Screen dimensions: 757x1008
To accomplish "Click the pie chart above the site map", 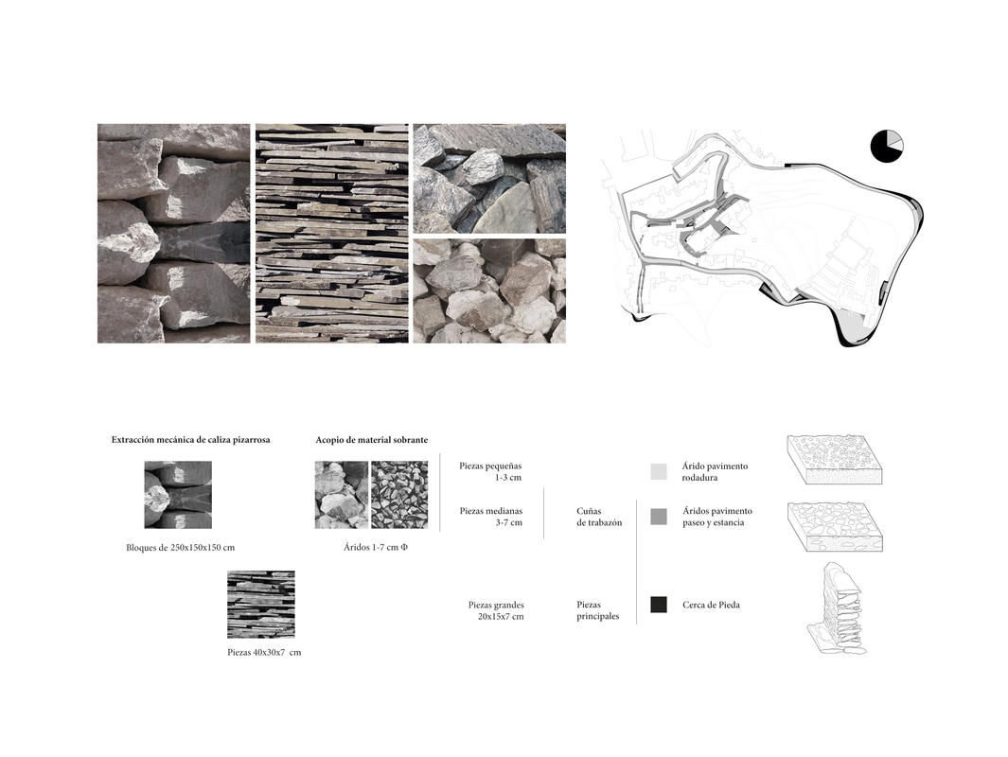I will click(x=887, y=146).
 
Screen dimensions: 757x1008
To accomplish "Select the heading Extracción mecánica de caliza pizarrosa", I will click(x=190, y=440).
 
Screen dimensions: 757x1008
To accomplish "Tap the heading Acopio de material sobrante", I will click(x=371, y=440).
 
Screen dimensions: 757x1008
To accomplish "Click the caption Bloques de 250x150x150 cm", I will click(x=180, y=548).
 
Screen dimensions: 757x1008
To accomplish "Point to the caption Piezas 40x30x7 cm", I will click(x=264, y=653).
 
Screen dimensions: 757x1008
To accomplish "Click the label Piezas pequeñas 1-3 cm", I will click(x=490, y=471).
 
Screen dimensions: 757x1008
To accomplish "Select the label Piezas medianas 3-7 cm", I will click(x=490, y=517).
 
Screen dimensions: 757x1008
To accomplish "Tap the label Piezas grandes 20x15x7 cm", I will click(x=496, y=610).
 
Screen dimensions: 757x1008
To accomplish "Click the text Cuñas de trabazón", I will click(x=599, y=517).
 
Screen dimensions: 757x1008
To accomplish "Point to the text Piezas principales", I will click(x=598, y=610).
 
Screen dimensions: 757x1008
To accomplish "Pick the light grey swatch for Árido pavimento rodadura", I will click(x=659, y=471).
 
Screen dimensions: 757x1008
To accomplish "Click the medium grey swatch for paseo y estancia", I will click(x=659, y=517).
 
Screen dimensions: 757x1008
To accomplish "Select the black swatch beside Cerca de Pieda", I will click(x=659, y=605).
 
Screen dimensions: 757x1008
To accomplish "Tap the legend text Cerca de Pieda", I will click(x=711, y=605).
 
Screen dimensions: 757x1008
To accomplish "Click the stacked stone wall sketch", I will click(x=838, y=609).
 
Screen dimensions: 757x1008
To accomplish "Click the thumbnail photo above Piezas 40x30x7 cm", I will click(x=260, y=604).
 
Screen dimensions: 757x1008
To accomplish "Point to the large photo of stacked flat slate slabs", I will click(x=331, y=233).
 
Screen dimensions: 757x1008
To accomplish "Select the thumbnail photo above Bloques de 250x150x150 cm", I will click(x=178, y=494).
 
